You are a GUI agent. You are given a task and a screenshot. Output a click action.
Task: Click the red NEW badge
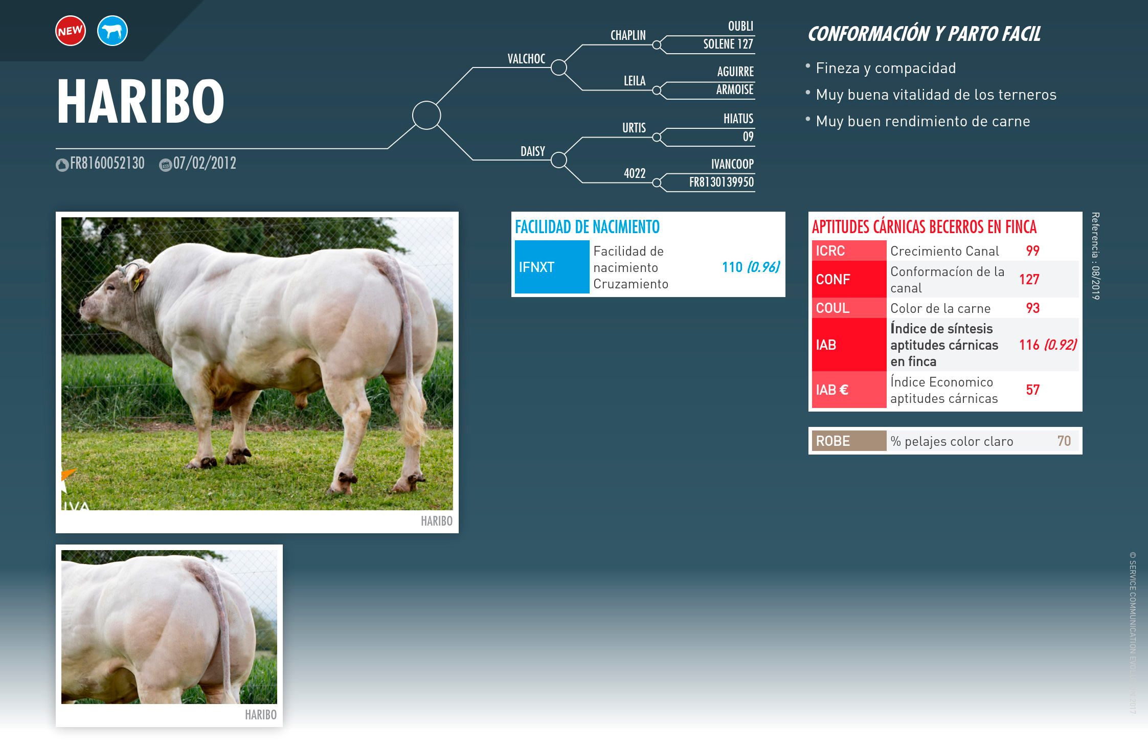(x=71, y=31)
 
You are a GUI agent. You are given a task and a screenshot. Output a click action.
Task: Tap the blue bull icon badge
(x=112, y=31)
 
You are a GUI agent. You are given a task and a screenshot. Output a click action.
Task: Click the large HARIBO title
(x=141, y=101)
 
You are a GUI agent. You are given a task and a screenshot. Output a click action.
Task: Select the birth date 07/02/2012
(x=205, y=163)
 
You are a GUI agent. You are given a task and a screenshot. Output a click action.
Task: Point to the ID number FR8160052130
(x=107, y=163)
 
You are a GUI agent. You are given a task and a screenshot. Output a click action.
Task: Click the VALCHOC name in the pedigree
(x=526, y=59)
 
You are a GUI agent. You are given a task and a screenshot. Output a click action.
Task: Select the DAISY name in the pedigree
(x=533, y=151)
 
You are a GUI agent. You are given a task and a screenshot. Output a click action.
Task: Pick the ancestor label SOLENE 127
(x=728, y=44)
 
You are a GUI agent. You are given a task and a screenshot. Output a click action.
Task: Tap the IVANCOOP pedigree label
(x=732, y=164)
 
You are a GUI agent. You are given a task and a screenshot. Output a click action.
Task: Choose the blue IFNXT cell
(x=552, y=267)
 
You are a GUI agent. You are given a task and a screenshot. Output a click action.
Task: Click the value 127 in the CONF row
(x=1029, y=279)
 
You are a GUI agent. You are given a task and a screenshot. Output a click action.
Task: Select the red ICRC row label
(x=849, y=251)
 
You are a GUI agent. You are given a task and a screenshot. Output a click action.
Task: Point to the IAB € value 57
(x=1033, y=390)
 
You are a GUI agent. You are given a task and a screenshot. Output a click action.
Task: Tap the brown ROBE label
(x=849, y=441)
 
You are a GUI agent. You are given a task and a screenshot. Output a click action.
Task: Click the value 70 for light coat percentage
(x=1064, y=441)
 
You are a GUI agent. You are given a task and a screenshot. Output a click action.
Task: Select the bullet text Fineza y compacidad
(x=886, y=68)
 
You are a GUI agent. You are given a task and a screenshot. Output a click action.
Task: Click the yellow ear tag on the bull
(x=137, y=282)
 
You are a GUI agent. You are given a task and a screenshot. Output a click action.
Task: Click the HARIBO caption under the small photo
(x=261, y=715)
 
